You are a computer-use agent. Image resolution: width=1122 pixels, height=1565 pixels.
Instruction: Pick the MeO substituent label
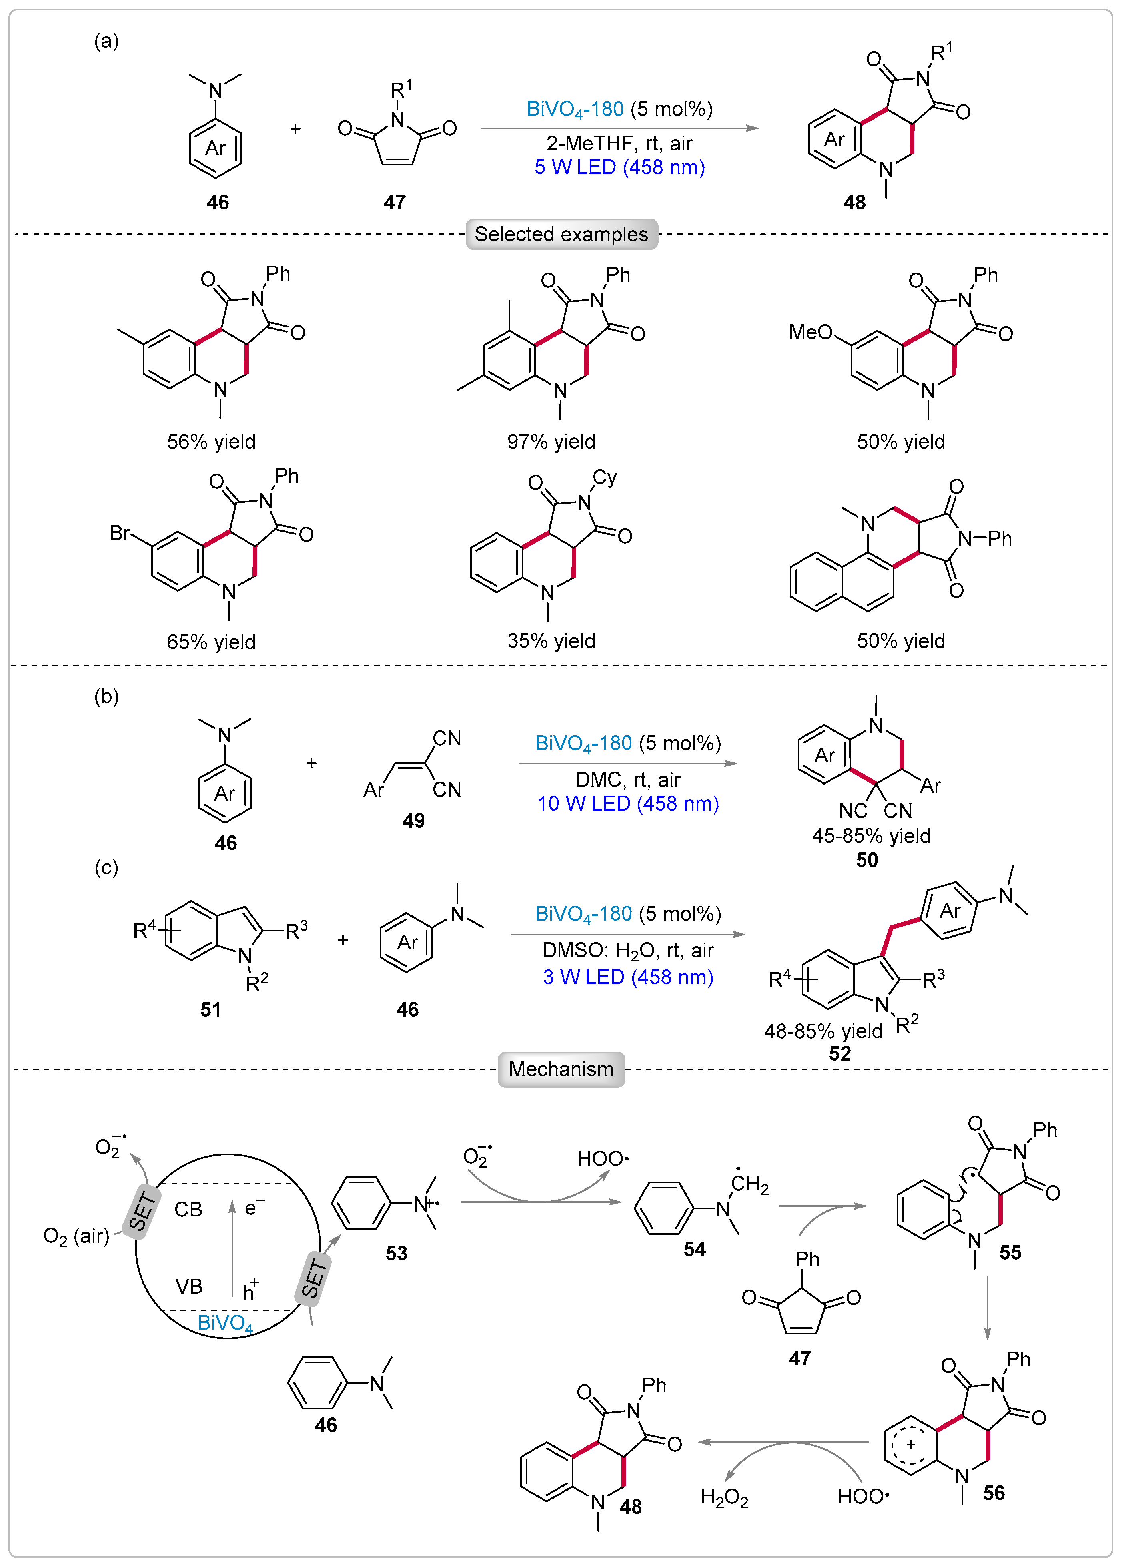pyautogui.click(x=811, y=333)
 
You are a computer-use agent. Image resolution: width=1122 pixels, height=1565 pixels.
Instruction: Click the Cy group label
pyautogui.click(x=605, y=478)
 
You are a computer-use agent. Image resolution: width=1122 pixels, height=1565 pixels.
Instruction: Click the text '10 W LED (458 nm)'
pyautogui.click(x=628, y=804)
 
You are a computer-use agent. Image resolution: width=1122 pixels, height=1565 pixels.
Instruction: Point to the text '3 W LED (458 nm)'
pyautogui.click(x=628, y=977)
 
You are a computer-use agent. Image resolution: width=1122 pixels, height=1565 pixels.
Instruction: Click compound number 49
pyautogui.click(x=413, y=821)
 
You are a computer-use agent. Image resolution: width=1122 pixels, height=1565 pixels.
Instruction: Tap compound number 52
pyautogui.click(x=840, y=1054)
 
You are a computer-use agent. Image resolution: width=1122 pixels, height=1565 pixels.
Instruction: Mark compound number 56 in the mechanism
pyautogui.click(x=994, y=1493)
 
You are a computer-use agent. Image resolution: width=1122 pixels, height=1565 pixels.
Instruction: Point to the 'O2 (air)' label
pyautogui.click(x=76, y=1236)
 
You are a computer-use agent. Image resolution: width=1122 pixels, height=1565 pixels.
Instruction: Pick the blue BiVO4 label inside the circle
pyautogui.click(x=225, y=1323)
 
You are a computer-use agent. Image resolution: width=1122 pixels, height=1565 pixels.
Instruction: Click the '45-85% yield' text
pyautogui.click(x=871, y=836)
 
